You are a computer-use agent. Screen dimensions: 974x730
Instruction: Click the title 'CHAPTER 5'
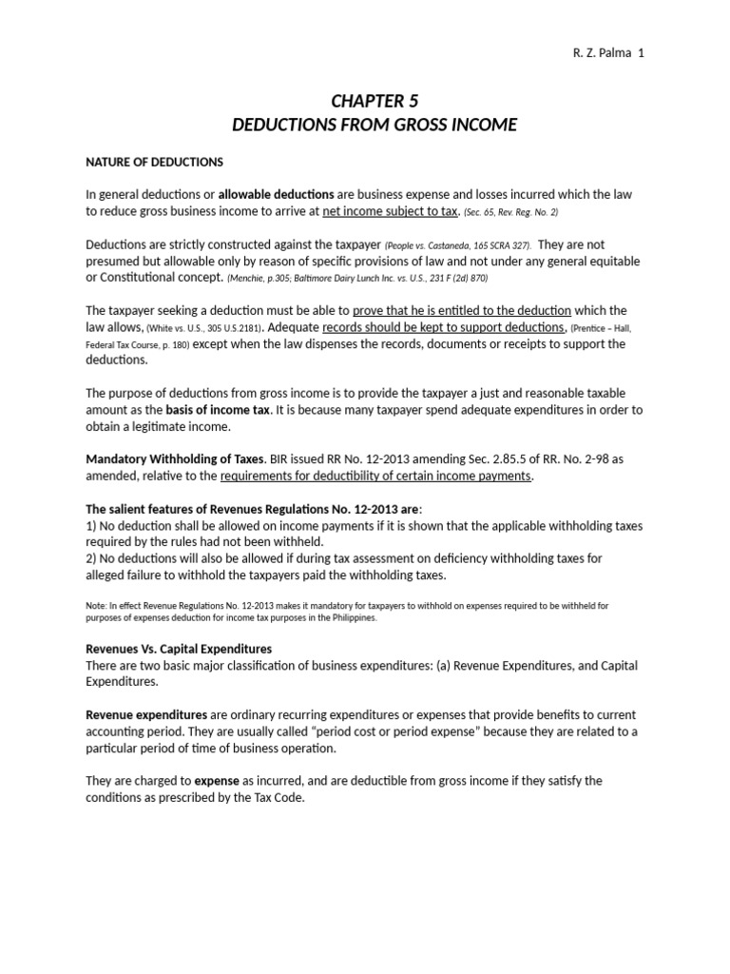374,101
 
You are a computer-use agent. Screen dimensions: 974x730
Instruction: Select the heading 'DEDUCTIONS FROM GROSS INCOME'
375,126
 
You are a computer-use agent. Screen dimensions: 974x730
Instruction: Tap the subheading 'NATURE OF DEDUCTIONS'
154,162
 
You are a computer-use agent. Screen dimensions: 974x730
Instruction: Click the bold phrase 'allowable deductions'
276,194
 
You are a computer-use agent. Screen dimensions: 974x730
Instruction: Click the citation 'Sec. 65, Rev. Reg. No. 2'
510,212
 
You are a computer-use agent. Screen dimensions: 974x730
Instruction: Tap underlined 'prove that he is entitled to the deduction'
462,310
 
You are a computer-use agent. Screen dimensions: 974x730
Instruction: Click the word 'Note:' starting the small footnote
98,605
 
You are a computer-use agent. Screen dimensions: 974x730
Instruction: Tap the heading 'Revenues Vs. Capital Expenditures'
179,648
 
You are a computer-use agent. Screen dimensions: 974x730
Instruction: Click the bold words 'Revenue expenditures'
146,713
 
